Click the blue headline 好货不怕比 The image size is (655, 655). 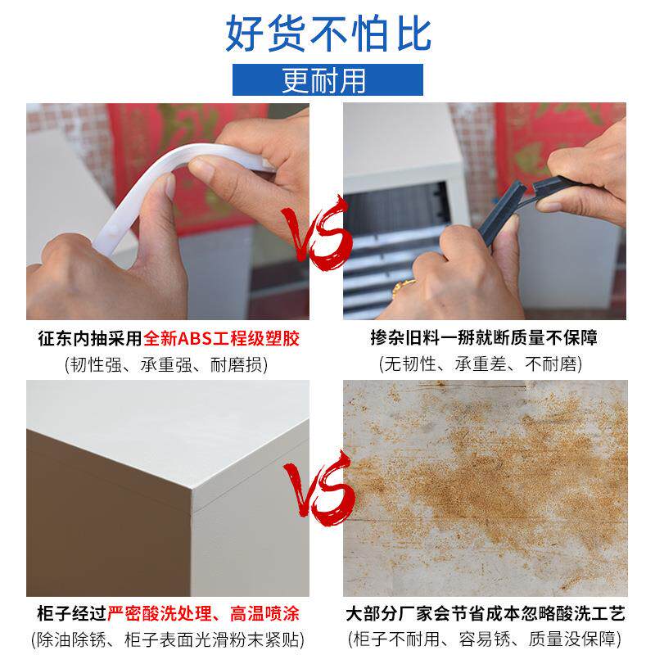coord(328,34)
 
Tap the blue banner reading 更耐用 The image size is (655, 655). coord(327,79)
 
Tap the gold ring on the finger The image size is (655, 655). coord(403,287)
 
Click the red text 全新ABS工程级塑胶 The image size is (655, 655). coord(222,338)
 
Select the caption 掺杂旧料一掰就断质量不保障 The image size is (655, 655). coord(484,338)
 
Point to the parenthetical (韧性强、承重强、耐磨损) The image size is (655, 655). coord(166,364)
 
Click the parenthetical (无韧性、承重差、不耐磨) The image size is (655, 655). coord(481,364)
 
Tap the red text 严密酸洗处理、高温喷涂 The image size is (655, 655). coord(203,613)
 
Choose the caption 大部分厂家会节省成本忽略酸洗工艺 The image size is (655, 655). coord(485,613)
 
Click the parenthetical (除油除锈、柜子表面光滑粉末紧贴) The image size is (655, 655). coord(168,639)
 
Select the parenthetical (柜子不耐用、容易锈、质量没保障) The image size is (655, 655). coord(485,639)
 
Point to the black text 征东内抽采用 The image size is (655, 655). coord(90,338)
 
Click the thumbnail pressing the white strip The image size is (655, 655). coord(169,187)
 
